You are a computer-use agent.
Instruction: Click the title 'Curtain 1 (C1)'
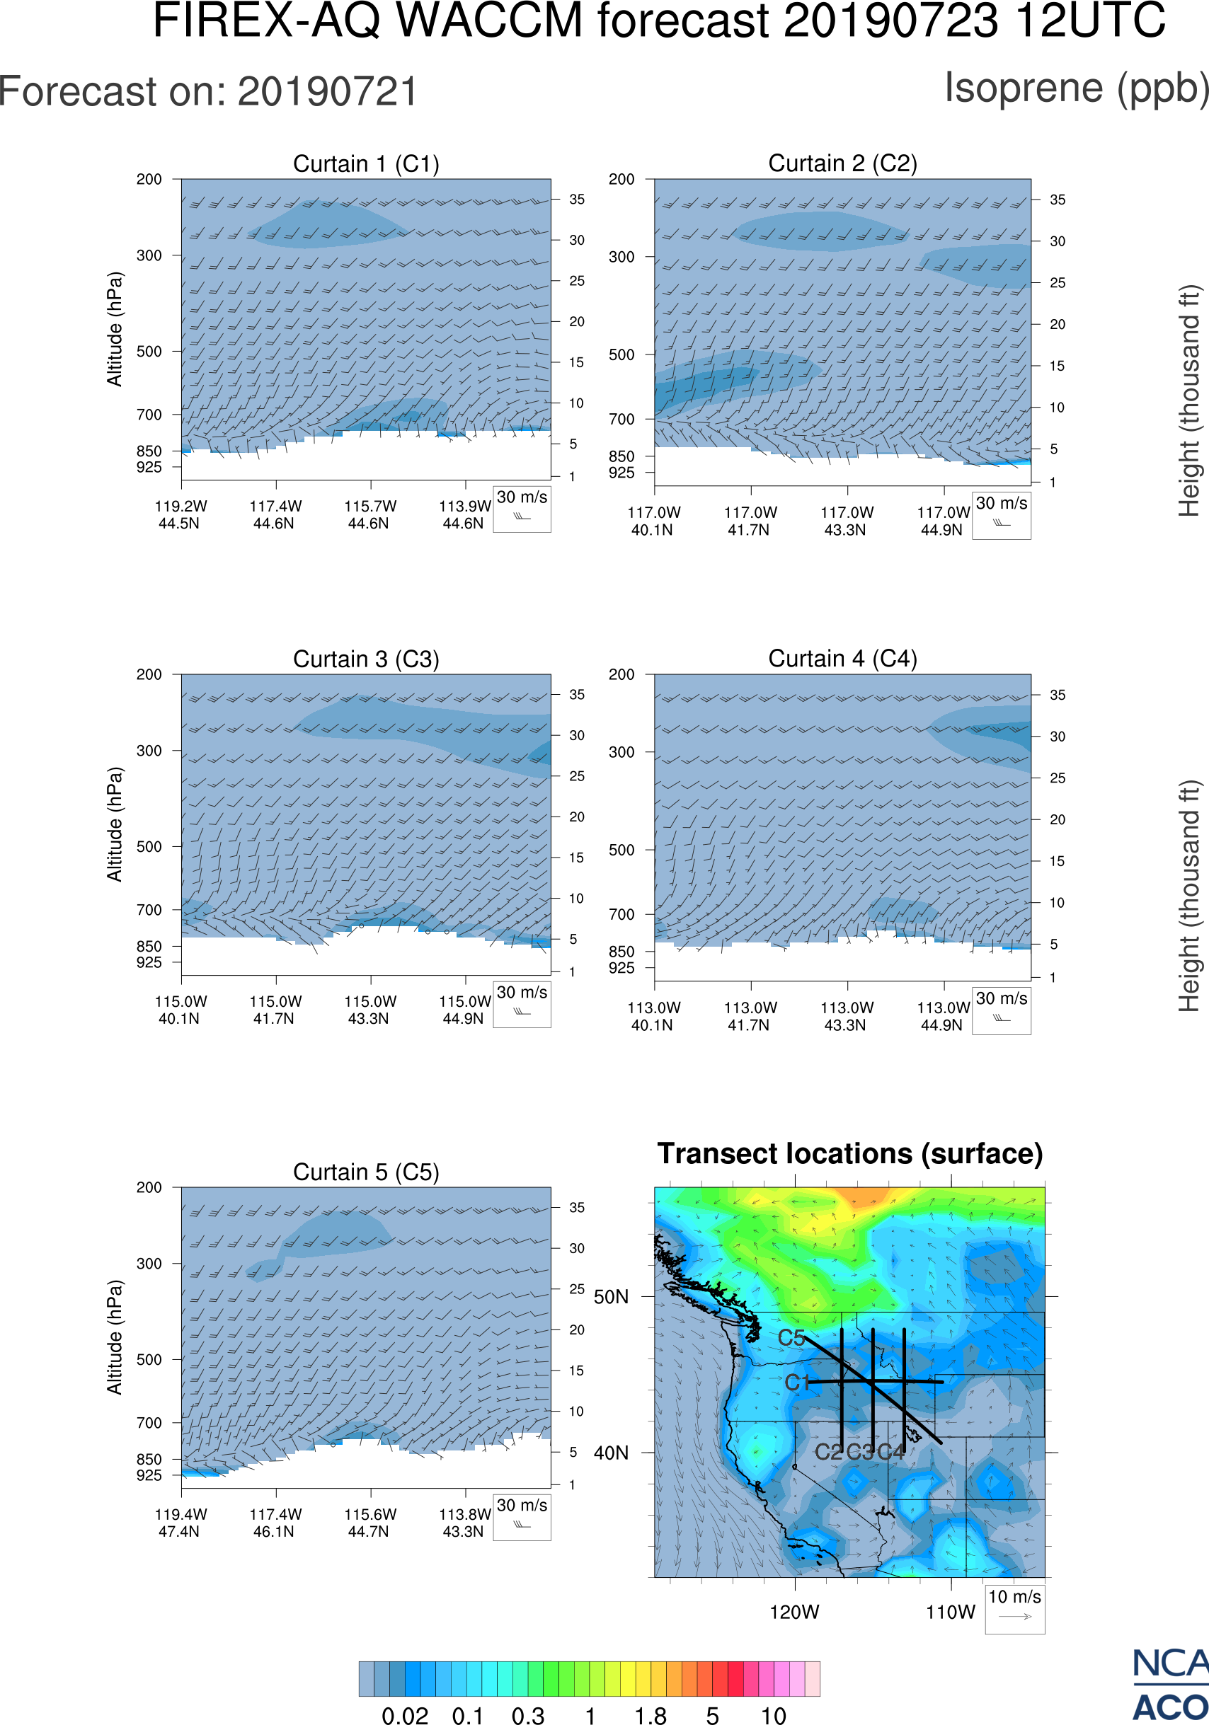tap(366, 163)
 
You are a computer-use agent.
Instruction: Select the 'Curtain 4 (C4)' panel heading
tap(842, 659)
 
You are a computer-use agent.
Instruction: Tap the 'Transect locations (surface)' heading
tap(850, 1153)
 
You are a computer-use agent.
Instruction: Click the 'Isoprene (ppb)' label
tap(1076, 88)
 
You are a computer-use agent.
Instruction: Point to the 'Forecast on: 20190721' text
tap(208, 92)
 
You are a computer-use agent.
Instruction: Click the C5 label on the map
tap(791, 1338)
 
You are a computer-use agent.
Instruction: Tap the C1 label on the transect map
tap(796, 1383)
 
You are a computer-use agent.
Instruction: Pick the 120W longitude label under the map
tap(794, 1612)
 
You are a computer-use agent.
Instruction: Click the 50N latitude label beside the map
tap(611, 1298)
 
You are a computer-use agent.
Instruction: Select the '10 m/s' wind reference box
tap(1014, 1608)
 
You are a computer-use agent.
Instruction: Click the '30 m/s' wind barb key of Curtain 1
tap(522, 507)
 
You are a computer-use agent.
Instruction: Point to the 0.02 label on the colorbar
tap(405, 1715)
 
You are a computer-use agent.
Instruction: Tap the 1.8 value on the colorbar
tap(650, 1715)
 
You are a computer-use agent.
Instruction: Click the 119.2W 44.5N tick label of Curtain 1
tap(181, 514)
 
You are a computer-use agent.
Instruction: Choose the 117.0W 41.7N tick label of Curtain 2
tap(750, 521)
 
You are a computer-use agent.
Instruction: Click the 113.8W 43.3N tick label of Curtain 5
tap(464, 1523)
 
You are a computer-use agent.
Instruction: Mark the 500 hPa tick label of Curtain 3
tap(149, 847)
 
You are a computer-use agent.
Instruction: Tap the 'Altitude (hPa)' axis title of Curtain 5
tap(114, 1337)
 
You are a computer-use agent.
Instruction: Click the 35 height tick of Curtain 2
tap(1058, 200)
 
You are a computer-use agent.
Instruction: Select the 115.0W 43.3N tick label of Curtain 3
tap(369, 1010)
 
